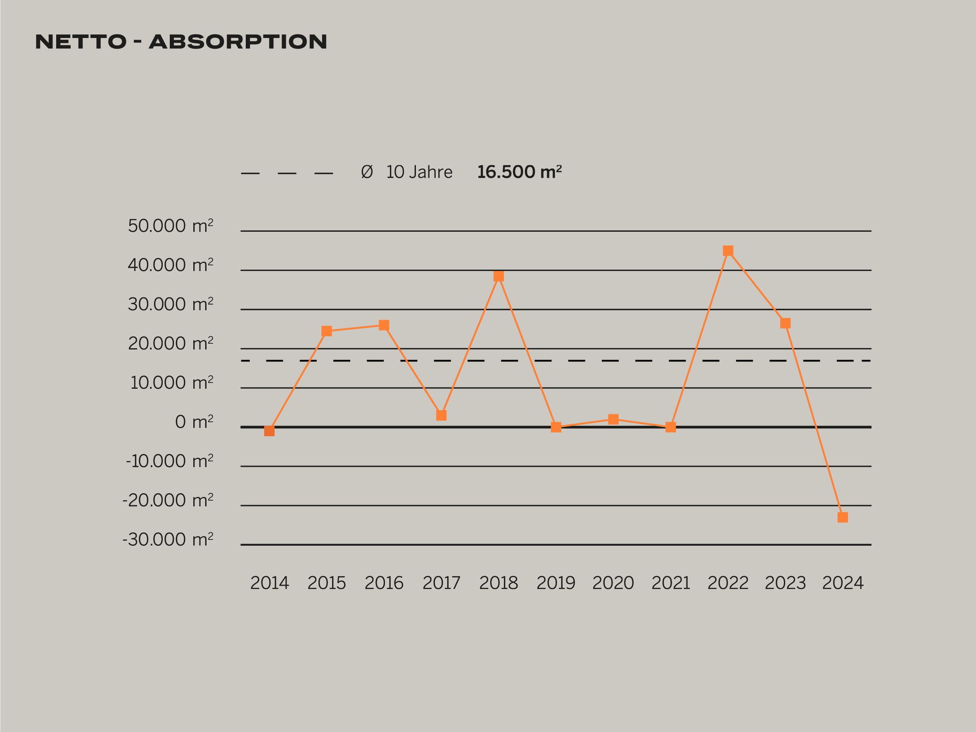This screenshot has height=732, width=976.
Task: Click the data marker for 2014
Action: (x=269, y=431)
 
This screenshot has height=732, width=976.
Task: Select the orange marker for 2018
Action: (x=499, y=276)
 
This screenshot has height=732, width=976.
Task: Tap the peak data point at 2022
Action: (x=728, y=251)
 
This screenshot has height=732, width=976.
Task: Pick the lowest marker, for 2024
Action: (x=843, y=517)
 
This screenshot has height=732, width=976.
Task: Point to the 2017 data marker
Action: (x=441, y=415)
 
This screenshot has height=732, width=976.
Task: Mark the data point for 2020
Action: (x=613, y=419)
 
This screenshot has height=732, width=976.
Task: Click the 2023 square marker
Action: (x=786, y=323)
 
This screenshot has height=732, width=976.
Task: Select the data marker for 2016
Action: (x=384, y=325)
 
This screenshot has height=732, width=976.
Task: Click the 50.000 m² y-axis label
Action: (x=170, y=226)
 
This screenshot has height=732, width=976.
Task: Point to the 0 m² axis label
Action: (x=194, y=422)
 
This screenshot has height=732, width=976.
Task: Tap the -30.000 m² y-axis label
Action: (x=168, y=539)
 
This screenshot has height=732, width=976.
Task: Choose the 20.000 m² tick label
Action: (x=170, y=343)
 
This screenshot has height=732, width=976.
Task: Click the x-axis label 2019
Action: (x=556, y=583)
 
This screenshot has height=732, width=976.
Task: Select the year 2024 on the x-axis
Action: (x=843, y=583)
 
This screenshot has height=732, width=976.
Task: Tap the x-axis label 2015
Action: (x=327, y=583)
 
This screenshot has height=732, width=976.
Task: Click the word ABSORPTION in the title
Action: (x=238, y=42)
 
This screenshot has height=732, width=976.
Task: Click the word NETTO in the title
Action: (x=81, y=42)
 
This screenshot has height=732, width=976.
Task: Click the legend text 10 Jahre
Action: (x=419, y=172)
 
